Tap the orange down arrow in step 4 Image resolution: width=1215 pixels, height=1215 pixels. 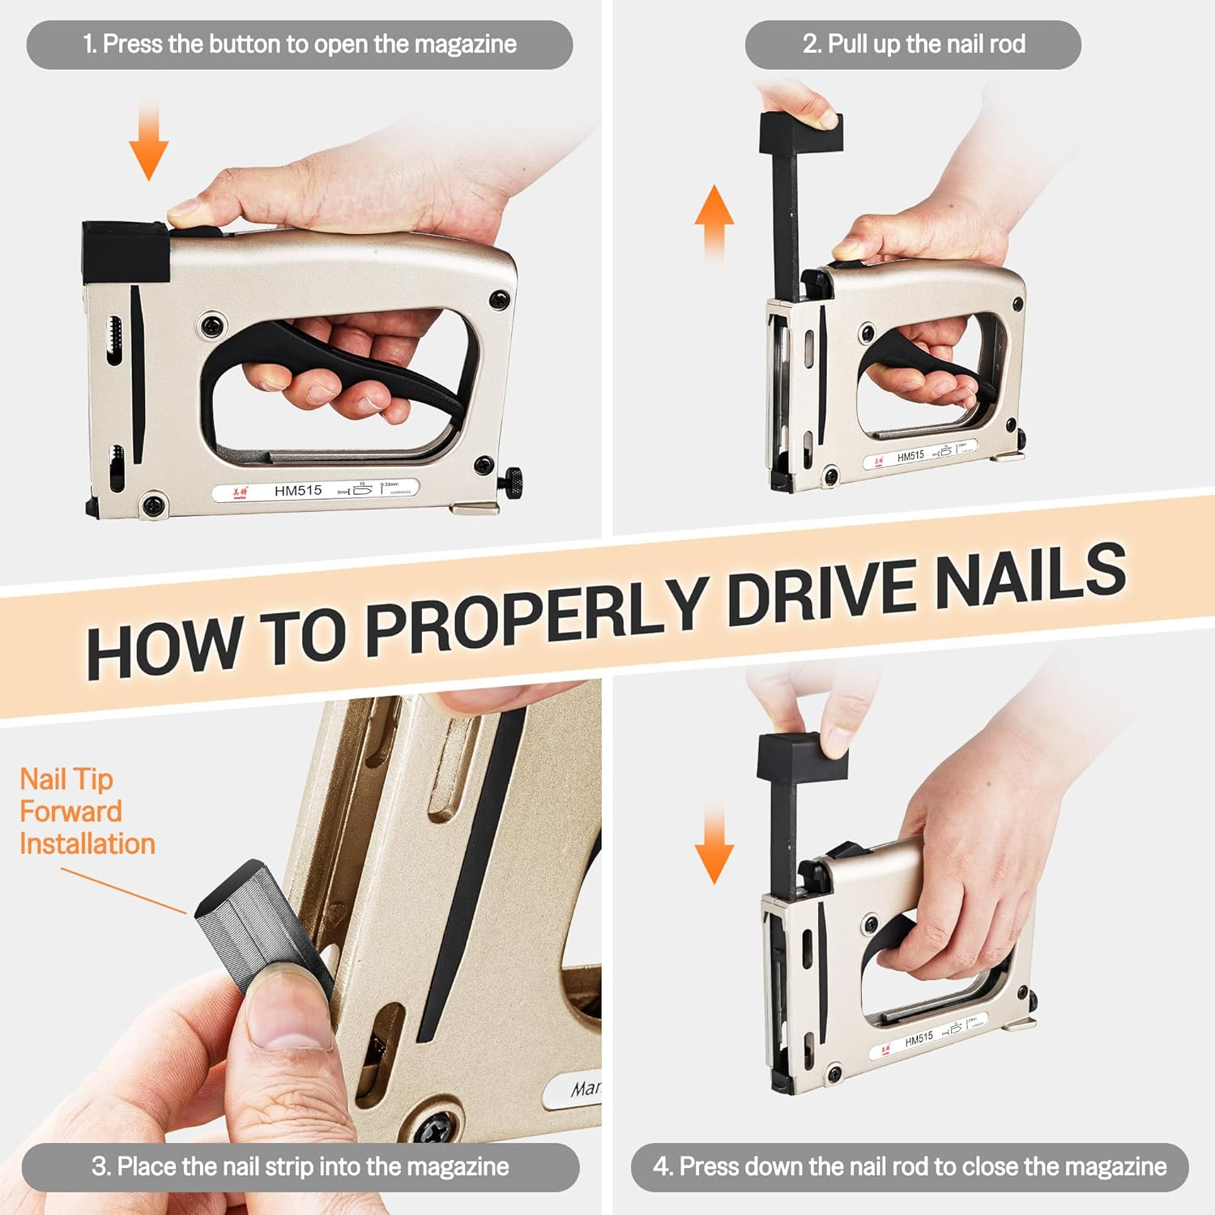pyautogui.click(x=714, y=846)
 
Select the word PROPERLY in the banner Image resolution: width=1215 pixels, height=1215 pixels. pyautogui.click(x=535, y=616)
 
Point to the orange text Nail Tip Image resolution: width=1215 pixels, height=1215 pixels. pyautogui.click(x=66, y=779)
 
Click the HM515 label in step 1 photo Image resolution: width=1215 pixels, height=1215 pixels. pyautogui.click(x=298, y=490)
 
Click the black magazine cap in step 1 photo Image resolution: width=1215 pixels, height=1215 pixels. pyautogui.click(x=126, y=251)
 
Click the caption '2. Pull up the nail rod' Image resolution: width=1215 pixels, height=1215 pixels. pyautogui.click(x=913, y=44)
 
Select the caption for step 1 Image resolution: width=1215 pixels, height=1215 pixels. pyautogui.click(x=300, y=44)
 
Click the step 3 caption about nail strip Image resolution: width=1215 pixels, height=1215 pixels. pyautogui.click(x=300, y=1166)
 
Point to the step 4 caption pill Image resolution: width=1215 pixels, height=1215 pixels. pyautogui.click(x=910, y=1166)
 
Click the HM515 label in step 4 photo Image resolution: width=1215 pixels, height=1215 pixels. pyautogui.click(x=919, y=1039)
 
